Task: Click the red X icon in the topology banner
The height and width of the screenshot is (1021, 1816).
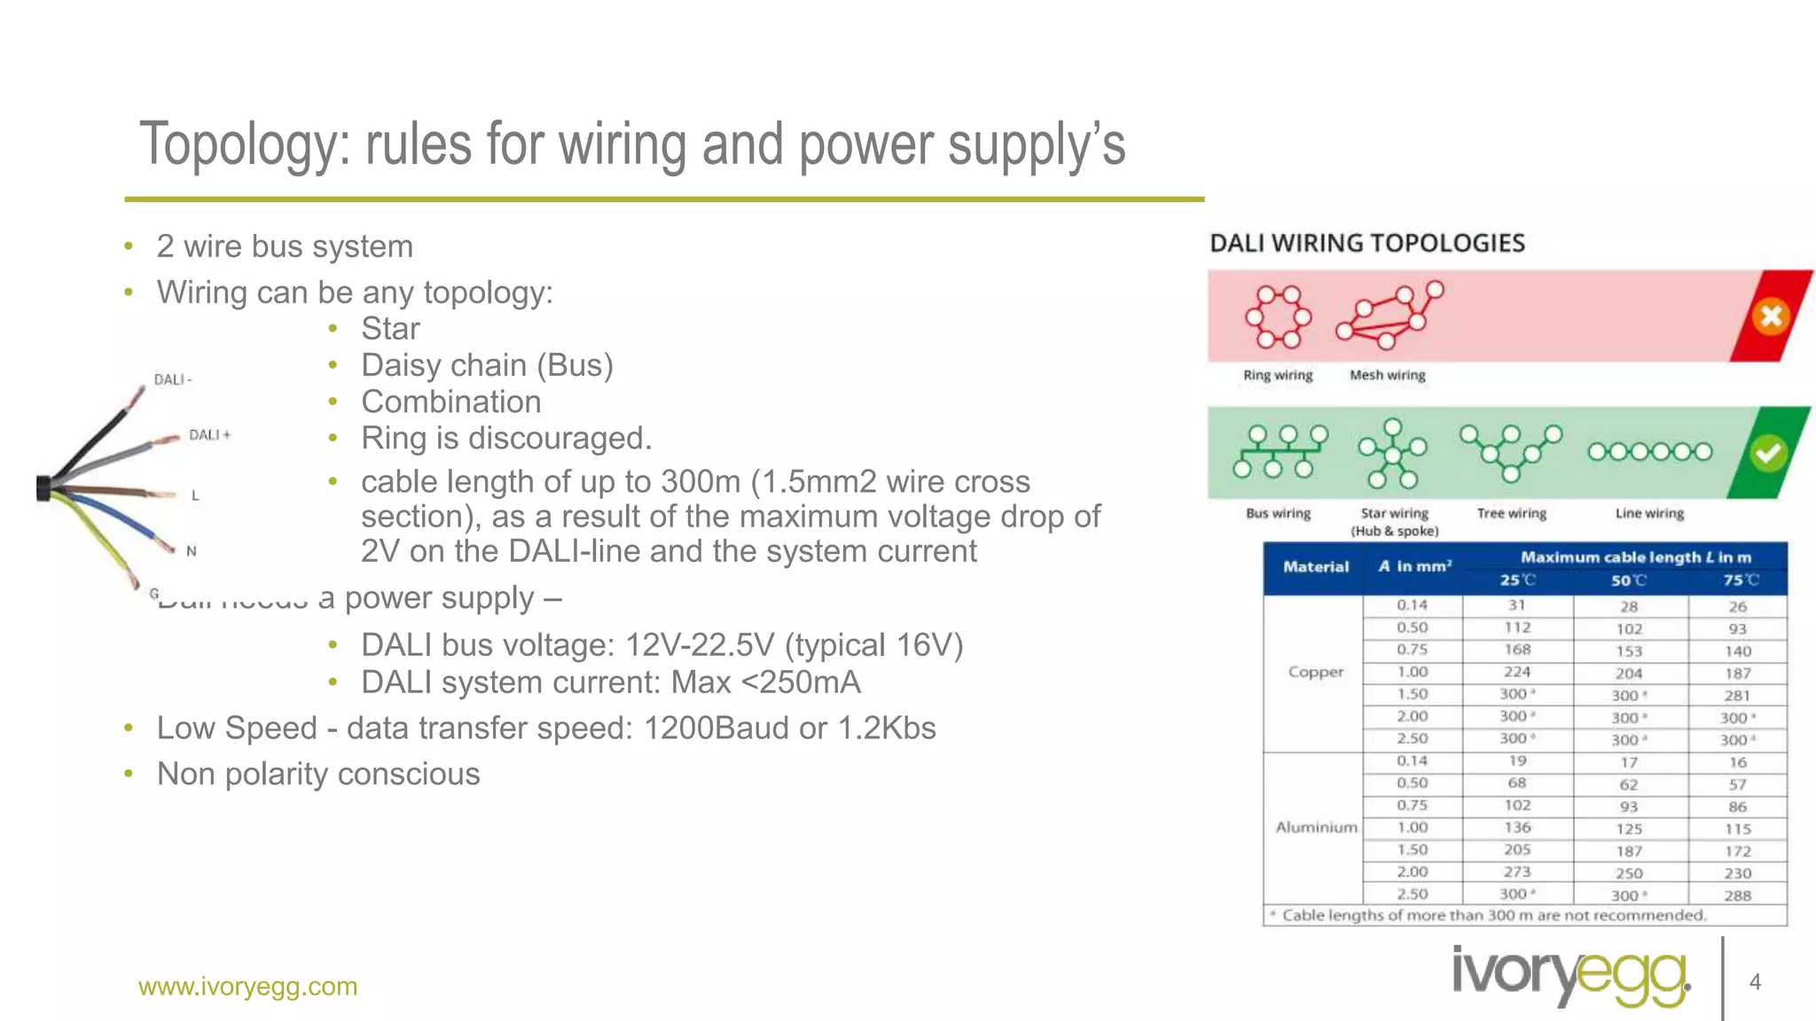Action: (x=1771, y=316)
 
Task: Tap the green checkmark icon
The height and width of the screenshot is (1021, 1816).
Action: (x=1767, y=454)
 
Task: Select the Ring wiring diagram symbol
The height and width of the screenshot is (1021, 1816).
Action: (x=1278, y=316)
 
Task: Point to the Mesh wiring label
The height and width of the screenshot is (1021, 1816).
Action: (x=1387, y=375)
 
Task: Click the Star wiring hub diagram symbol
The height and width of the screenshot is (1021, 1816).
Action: (x=1393, y=454)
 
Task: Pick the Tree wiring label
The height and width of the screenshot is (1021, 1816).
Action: (x=1511, y=513)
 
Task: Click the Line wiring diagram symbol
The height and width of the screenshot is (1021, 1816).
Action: (x=1649, y=452)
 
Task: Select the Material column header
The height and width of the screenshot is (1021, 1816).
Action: (x=1315, y=566)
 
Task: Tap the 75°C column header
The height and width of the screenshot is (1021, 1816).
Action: (x=1740, y=581)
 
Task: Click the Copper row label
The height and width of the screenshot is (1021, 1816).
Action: (x=1315, y=672)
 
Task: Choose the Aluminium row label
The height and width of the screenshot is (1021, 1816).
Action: (x=1316, y=827)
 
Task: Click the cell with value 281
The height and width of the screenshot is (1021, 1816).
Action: (x=1737, y=696)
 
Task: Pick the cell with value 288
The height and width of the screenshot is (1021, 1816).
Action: (x=1737, y=895)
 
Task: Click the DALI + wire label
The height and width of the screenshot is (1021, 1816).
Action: (x=209, y=434)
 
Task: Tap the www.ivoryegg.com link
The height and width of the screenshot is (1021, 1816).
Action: (x=247, y=986)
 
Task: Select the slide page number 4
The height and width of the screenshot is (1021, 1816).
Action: (x=1754, y=982)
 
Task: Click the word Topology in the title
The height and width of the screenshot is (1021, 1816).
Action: (x=245, y=144)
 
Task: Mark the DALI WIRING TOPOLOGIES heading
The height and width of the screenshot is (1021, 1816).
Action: (x=1366, y=243)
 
